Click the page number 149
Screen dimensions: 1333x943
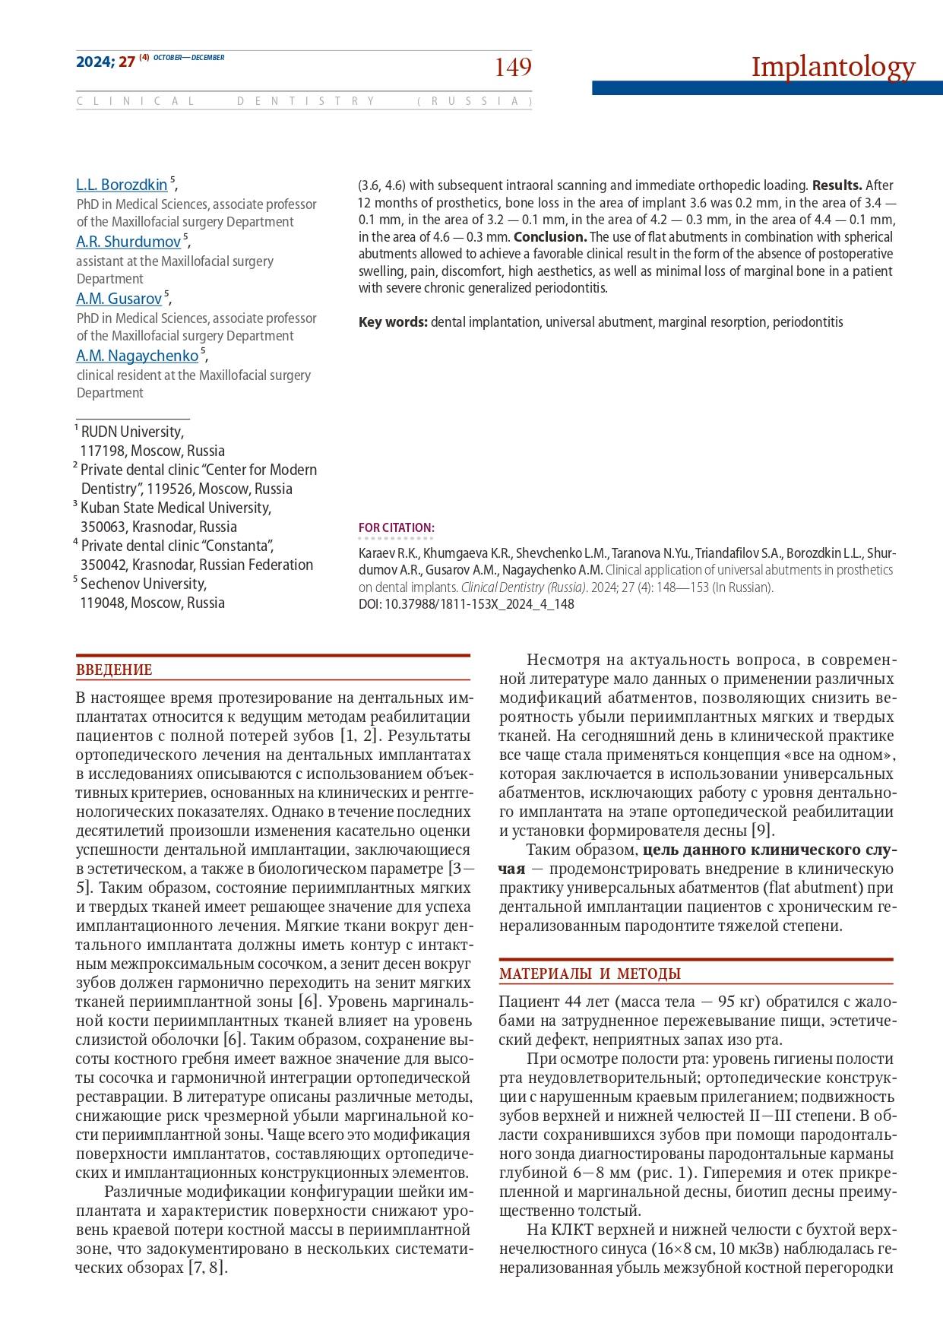point(513,68)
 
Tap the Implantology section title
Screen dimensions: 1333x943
point(833,67)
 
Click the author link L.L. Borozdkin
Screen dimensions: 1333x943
point(122,185)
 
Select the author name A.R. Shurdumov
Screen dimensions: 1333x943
point(128,242)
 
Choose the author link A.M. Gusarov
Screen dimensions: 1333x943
point(119,299)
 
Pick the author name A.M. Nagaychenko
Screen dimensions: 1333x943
point(137,356)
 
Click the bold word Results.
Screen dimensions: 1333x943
point(837,185)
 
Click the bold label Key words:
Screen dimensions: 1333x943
point(393,322)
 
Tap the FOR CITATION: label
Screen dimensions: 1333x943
point(396,528)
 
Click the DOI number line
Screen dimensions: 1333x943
point(466,605)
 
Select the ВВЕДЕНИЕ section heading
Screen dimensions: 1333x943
point(114,670)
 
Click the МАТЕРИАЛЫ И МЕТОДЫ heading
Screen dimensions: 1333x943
point(590,974)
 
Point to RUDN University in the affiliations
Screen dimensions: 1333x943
point(132,432)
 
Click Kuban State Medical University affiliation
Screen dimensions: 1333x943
point(176,508)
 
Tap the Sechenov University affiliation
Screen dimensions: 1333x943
point(143,584)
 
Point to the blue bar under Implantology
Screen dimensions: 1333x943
point(767,88)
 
